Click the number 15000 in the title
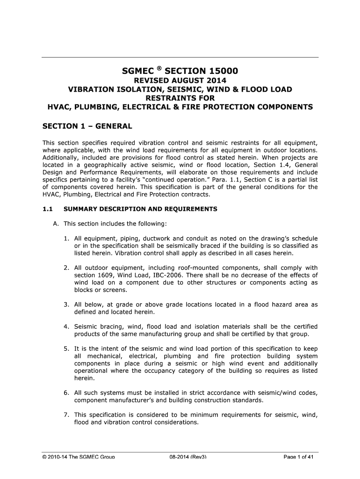(x=220, y=71)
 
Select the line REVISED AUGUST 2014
(x=180, y=80)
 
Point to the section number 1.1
(x=47, y=209)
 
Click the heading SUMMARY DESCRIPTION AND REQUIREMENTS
(x=140, y=209)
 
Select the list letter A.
(x=56, y=223)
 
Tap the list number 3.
(x=67, y=305)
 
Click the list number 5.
(x=67, y=348)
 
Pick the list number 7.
(x=67, y=414)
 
